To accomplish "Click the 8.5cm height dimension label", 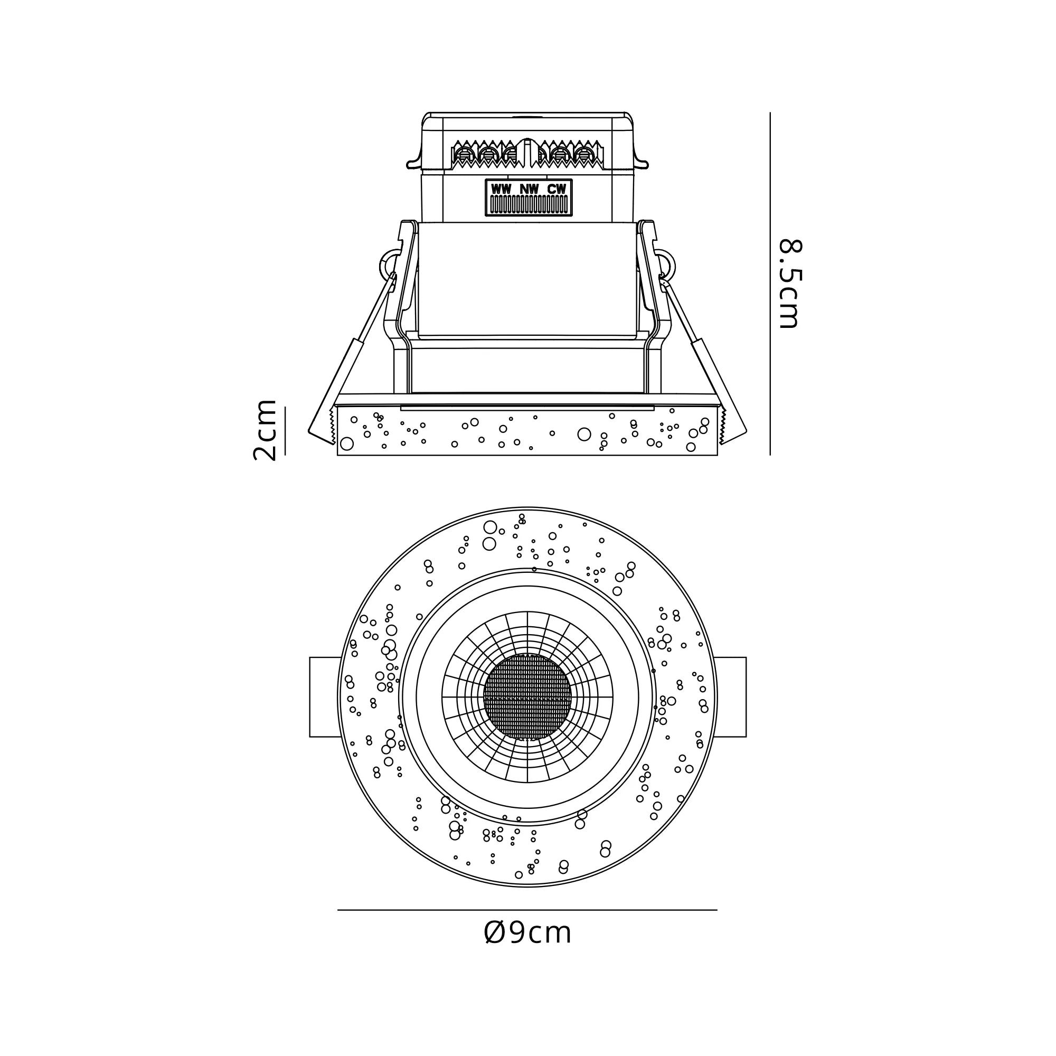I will point(789,284).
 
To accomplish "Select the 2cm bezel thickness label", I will point(265,430).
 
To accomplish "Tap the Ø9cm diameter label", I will point(527,932).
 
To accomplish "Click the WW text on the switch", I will point(501,189).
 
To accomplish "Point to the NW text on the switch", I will point(529,189).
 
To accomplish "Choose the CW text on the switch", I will point(557,189).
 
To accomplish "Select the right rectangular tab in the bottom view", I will point(731,697).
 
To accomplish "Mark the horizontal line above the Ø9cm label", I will point(527,910).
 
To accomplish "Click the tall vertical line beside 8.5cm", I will point(770,284).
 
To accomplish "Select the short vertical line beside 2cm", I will point(285,431).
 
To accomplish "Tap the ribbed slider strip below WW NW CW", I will point(529,204).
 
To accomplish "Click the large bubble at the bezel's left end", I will point(346,444).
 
